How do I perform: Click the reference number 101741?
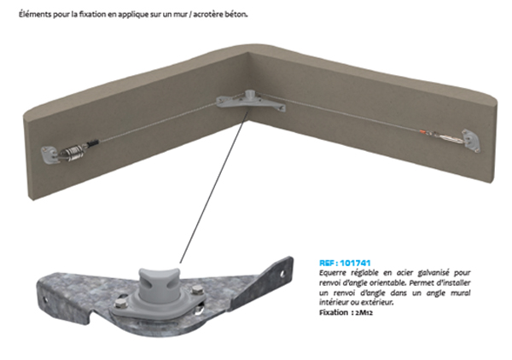[x=355, y=263]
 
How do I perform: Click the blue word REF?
[x=327, y=263]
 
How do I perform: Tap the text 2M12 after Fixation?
[x=364, y=313]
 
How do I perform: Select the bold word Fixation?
[x=334, y=313]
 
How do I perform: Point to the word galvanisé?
[x=433, y=273]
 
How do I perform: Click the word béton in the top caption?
[x=236, y=15]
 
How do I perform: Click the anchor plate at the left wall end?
[x=49, y=154]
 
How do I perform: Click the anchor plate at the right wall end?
[x=471, y=141]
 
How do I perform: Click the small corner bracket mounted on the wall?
[x=251, y=101]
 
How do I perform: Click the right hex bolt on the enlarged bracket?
[x=196, y=290]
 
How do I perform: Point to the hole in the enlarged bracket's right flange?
[x=282, y=274]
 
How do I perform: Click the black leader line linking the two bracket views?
[x=214, y=187]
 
